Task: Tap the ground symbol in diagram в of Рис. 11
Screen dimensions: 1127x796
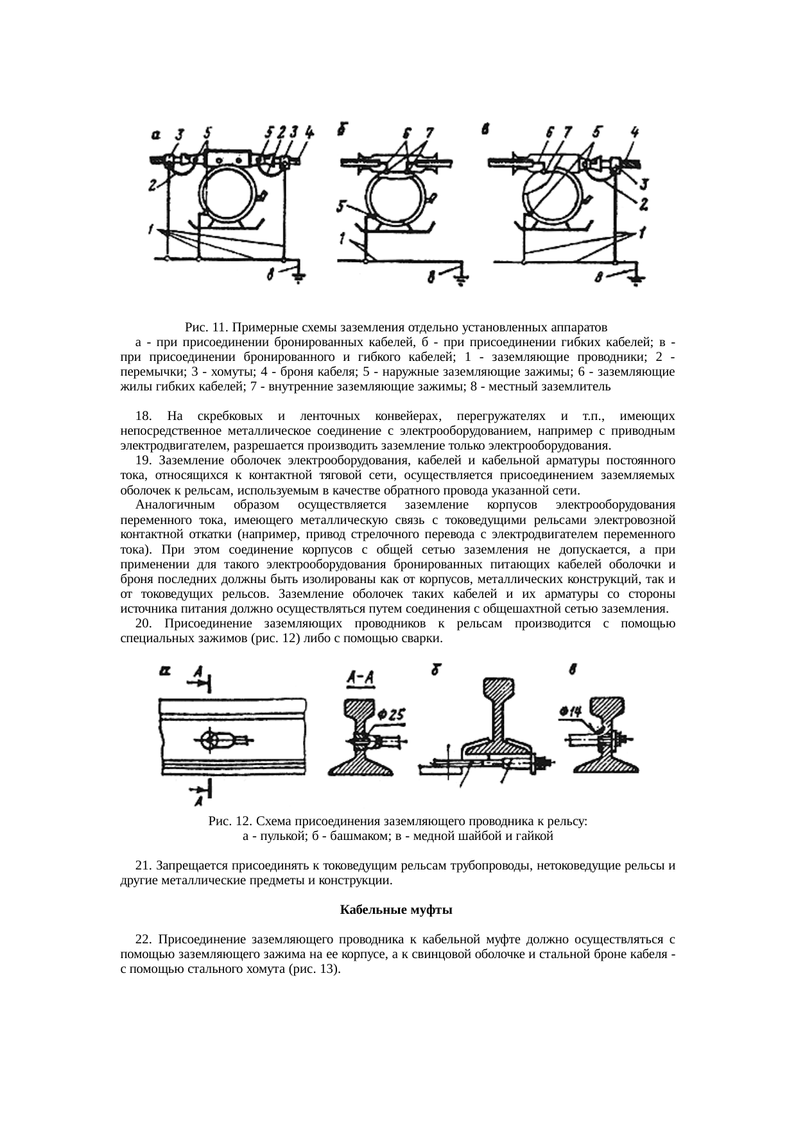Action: pos(636,279)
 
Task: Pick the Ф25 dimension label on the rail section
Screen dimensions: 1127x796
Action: pos(390,714)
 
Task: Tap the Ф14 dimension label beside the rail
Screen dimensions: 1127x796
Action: pos(570,711)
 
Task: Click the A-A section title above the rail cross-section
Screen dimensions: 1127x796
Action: pos(360,677)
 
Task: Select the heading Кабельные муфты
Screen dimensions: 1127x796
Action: pos(396,910)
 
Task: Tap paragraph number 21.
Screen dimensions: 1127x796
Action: pos(143,866)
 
